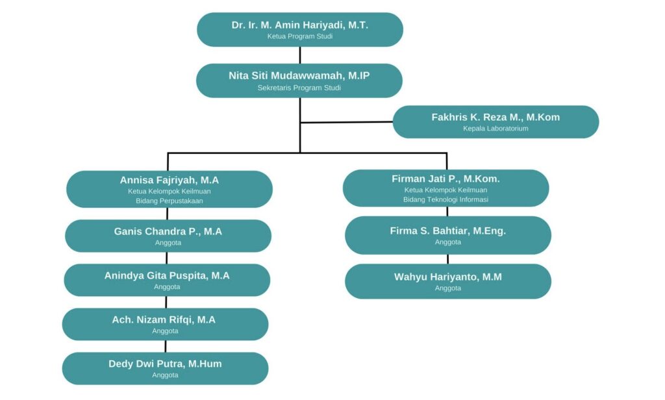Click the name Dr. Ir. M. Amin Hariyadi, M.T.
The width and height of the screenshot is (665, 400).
[299, 25]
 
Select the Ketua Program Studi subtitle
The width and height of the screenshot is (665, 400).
[299, 36]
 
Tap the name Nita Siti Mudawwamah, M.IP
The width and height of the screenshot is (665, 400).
[299, 75]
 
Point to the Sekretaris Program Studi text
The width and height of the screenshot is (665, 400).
[299, 88]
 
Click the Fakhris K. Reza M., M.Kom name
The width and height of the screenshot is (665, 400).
[496, 117]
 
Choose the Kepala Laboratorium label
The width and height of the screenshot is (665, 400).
[496, 129]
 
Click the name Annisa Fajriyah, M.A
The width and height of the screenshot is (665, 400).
[169, 180]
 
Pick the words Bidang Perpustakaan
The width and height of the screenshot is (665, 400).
[169, 201]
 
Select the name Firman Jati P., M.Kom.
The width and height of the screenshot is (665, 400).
[445, 179]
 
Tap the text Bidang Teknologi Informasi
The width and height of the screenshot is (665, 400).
[445, 199]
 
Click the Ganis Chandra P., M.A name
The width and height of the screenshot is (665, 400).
[168, 231]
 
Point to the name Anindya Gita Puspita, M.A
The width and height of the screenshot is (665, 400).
[167, 275]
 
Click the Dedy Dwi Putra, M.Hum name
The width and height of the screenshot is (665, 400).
[165, 364]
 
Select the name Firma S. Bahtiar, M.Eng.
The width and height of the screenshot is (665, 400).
[448, 231]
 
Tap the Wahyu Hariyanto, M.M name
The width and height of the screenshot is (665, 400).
[448, 277]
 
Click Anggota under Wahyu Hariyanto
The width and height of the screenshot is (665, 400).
[448, 288]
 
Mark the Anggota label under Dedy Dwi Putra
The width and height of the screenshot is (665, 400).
[165, 375]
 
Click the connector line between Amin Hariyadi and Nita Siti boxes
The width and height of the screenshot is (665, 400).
[299, 55]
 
